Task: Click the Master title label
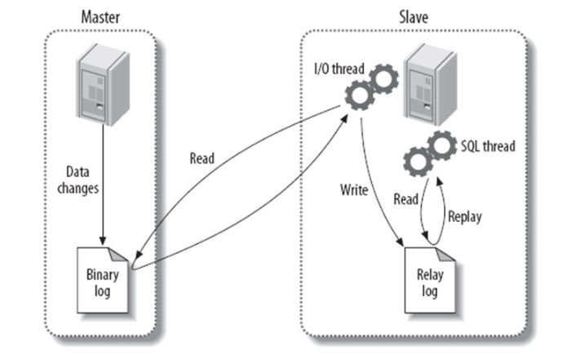click(100, 17)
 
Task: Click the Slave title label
click(414, 17)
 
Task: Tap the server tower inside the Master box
click(103, 84)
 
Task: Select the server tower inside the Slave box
click(430, 84)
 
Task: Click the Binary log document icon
click(103, 280)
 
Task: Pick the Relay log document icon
click(430, 280)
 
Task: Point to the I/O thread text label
click(339, 69)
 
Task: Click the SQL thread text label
click(488, 146)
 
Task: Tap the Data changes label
click(78, 180)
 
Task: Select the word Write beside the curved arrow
click(354, 190)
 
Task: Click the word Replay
click(465, 216)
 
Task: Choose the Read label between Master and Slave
click(202, 158)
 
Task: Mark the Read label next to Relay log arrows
click(406, 199)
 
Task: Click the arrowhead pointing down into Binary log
click(103, 241)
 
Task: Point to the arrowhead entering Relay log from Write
click(400, 242)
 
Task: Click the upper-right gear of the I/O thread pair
click(383, 78)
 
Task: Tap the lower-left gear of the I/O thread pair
click(360, 96)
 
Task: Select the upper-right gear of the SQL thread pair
click(442, 145)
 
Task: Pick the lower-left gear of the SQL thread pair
click(418, 162)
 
